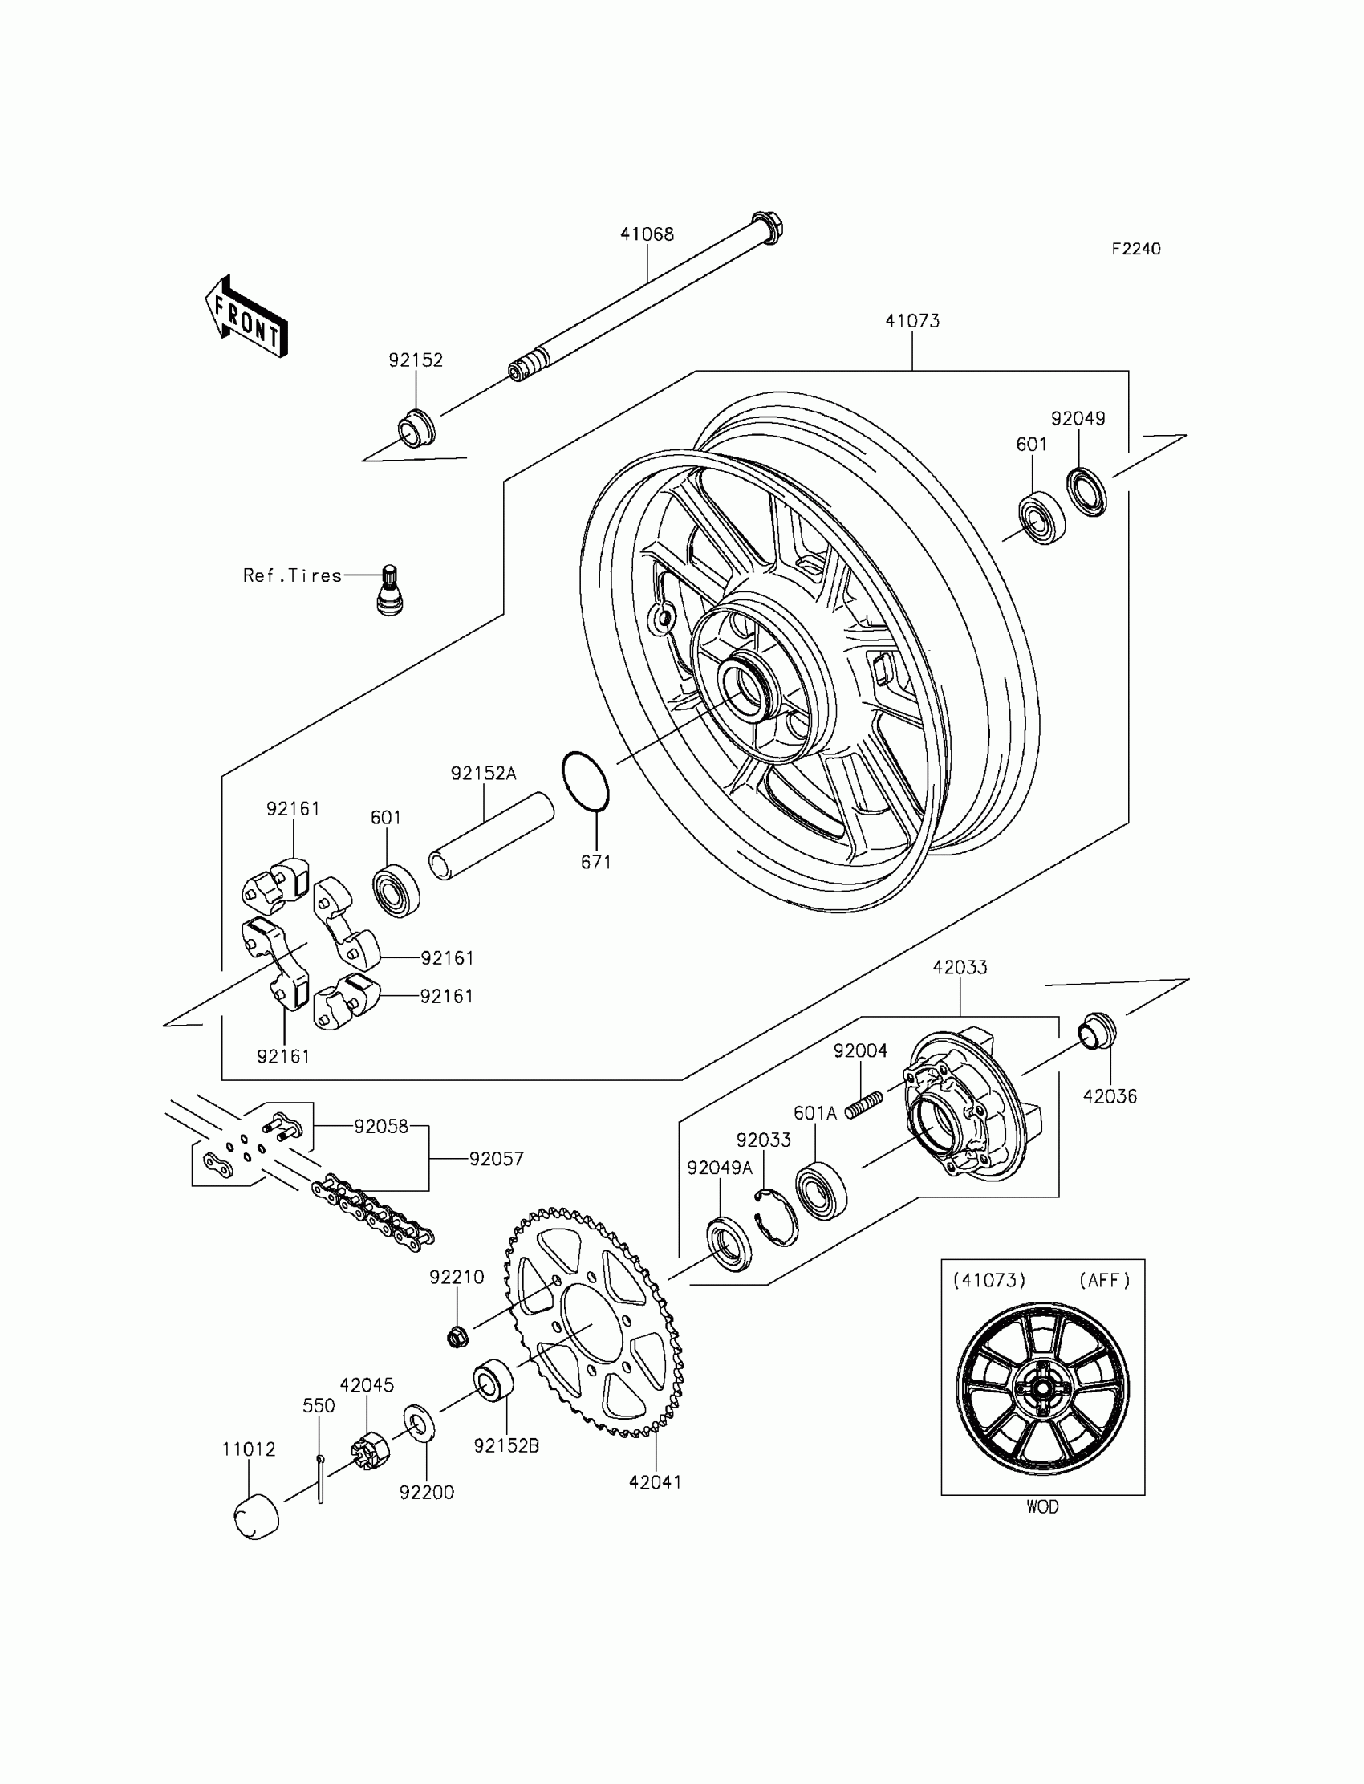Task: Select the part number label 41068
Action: [647, 234]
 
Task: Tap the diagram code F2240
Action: [1136, 250]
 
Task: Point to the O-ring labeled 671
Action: [585, 781]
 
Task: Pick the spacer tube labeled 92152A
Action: [491, 835]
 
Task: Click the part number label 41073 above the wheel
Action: [911, 322]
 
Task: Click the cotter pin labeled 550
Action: [321, 1480]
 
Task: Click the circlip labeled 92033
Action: [776, 1216]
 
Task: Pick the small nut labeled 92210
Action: [457, 1335]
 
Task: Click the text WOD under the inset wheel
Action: [1041, 1507]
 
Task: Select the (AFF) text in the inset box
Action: [1104, 1281]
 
